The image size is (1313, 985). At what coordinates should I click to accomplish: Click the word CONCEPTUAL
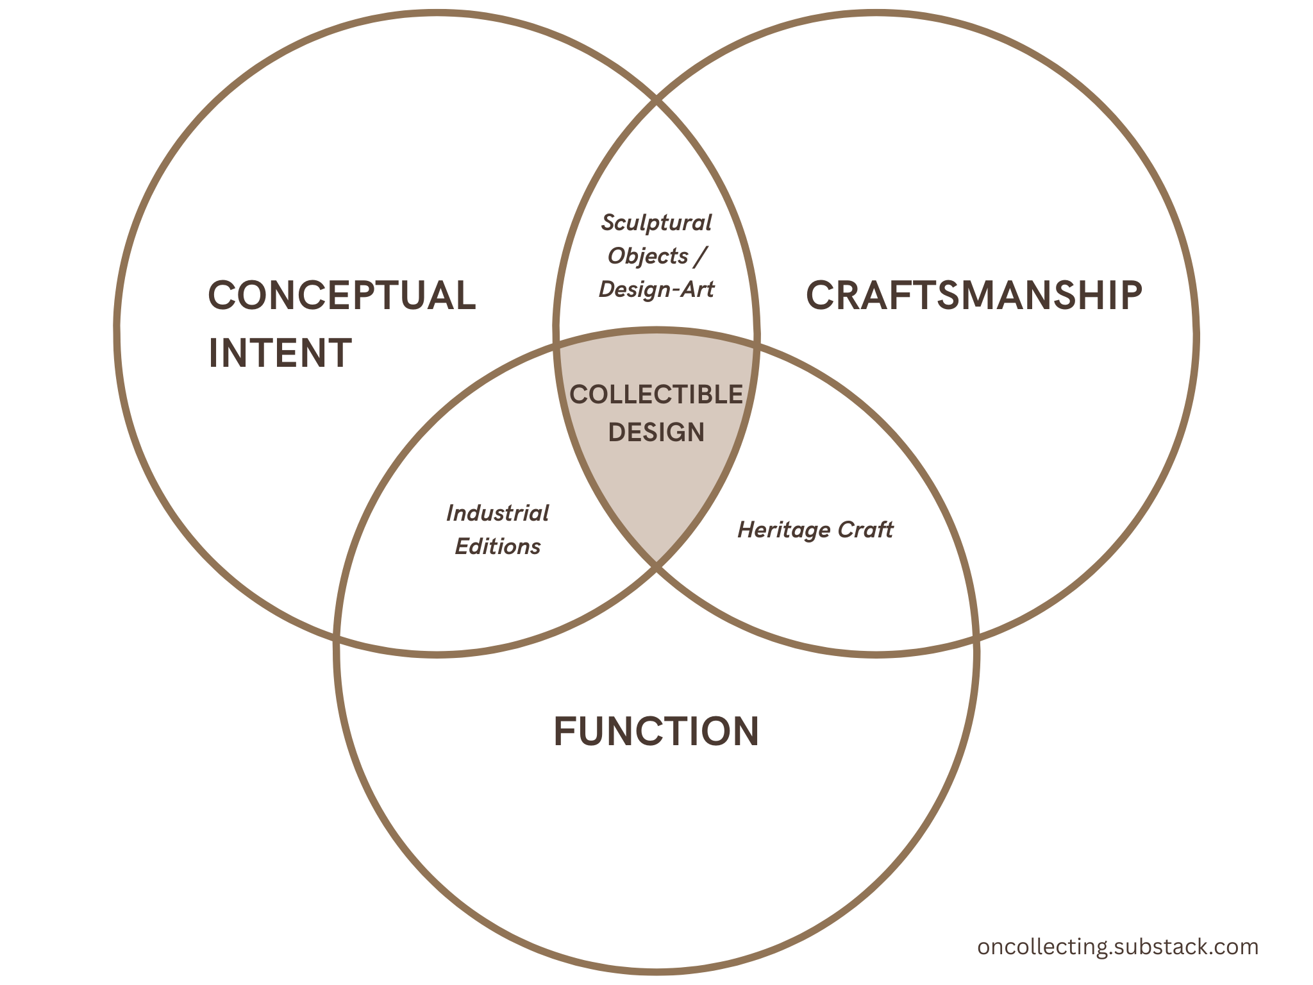click(342, 296)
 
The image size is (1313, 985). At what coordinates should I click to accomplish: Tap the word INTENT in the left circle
click(280, 353)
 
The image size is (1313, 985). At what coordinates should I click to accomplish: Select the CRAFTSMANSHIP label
click(974, 296)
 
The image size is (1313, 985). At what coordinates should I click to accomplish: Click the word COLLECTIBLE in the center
click(656, 394)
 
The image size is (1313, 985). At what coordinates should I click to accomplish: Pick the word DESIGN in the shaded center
click(656, 432)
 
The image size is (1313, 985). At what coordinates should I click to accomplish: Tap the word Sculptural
click(656, 223)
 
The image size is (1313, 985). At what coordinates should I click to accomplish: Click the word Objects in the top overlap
click(648, 256)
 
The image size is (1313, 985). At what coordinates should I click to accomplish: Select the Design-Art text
click(656, 289)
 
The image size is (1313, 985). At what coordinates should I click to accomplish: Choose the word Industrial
click(498, 513)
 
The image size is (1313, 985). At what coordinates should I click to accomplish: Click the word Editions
click(498, 546)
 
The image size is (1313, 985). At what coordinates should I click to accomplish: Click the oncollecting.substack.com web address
click(1117, 947)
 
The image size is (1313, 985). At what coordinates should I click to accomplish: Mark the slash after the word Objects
click(700, 256)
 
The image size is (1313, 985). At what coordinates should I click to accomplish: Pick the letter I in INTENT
click(213, 353)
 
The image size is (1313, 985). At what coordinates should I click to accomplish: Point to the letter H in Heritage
click(746, 530)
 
